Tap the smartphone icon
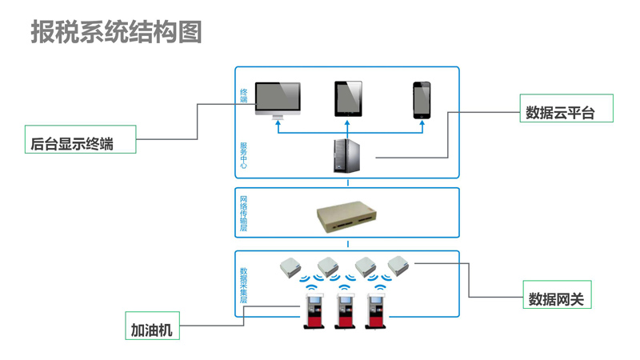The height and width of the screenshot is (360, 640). click(422, 99)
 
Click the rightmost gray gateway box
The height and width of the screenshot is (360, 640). click(398, 263)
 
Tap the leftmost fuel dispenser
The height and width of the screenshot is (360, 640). click(312, 311)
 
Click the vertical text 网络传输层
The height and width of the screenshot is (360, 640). click(244, 213)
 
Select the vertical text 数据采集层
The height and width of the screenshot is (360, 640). click(244, 286)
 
